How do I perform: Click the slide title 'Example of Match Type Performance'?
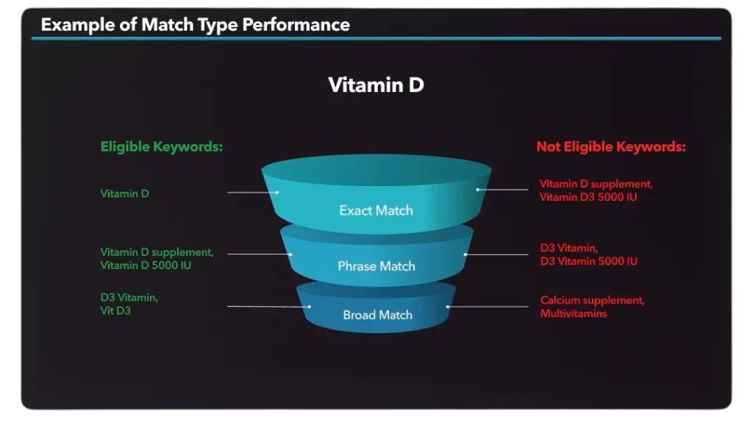pos(195,25)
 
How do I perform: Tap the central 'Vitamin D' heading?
pos(376,85)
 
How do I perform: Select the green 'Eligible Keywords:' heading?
pos(161,146)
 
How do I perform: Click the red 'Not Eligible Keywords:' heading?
pos(611,146)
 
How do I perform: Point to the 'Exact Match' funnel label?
pos(376,210)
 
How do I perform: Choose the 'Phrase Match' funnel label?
pos(376,266)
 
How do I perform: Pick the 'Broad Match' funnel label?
pos(377,315)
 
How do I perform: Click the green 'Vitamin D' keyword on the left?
pos(124,193)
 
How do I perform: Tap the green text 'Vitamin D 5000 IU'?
pos(146,265)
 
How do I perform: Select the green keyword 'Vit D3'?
pos(115,311)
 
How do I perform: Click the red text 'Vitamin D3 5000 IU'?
pos(588,197)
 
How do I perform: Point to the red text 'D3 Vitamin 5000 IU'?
pos(589,261)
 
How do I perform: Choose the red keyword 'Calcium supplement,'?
pos(592,300)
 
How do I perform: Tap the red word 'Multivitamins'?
pos(574,314)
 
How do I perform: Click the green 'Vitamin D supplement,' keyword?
pos(157,252)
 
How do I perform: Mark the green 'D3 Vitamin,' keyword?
pos(129,297)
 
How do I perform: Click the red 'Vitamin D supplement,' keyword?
pos(596,184)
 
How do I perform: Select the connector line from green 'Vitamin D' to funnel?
pos(253,193)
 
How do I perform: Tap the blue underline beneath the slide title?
pos(376,38)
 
